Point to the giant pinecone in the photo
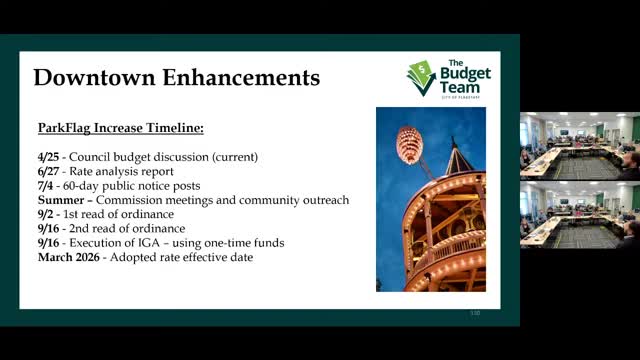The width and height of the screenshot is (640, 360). point(408,145)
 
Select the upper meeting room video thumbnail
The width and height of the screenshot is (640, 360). point(579,145)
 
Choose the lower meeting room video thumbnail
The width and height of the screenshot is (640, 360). point(579,214)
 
